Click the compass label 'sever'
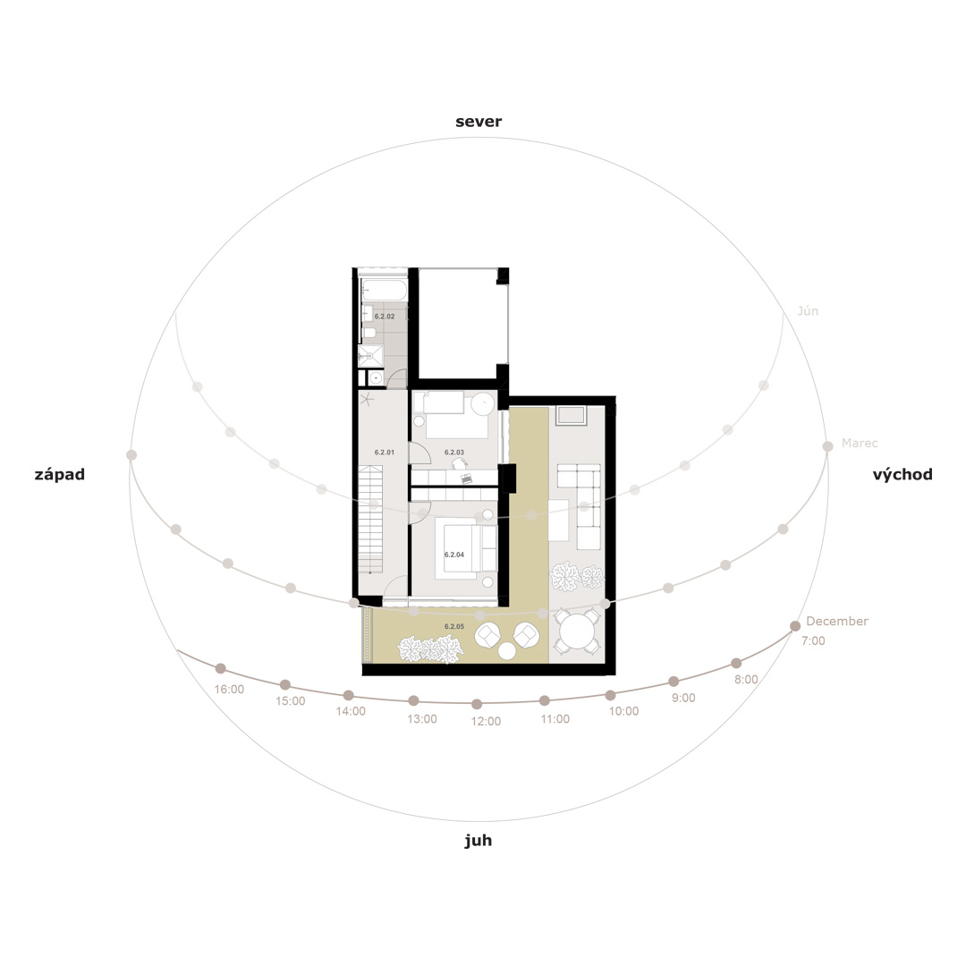[x=479, y=122]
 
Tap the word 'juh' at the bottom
[x=478, y=841]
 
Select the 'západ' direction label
[x=60, y=474]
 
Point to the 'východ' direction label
[x=902, y=474]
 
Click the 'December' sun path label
[x=837, y=621]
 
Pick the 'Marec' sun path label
[x=860, y=443]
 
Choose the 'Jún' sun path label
[x=808, y=310]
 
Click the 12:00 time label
[x=486, y=721]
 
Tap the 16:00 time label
[x=229, y=690]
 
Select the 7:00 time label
[x=813, y=640]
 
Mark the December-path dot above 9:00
[x=674, y=681]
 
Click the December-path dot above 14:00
[x=349, y=695]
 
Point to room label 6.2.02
[x=385, y=316]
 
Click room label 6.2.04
[x=454, y=555]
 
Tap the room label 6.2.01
[x=385, y=453]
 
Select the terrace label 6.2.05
[x=454, y=626]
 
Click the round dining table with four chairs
[x=577, y=631]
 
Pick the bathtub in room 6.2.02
[x=384, y=290]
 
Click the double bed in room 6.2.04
[x=466, y=549]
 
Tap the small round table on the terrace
[x=507, y=650]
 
